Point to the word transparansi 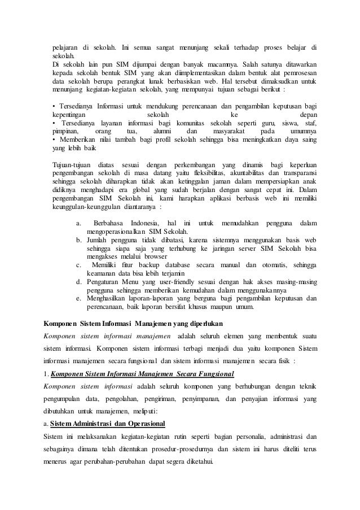(x=296, y=172)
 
